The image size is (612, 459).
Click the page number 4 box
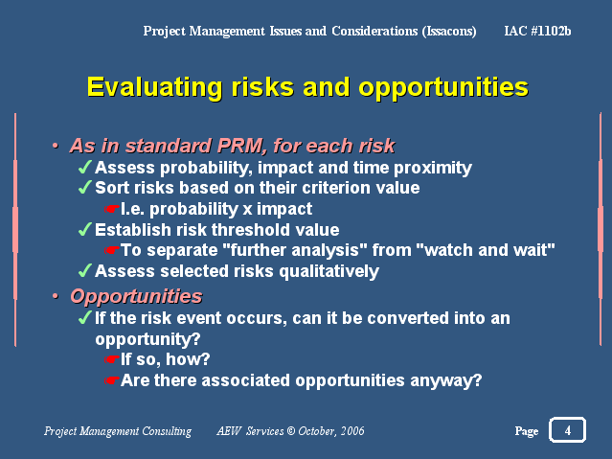(567, 430)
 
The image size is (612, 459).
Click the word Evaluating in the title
(154, 87)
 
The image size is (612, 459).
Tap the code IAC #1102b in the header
(537, 31)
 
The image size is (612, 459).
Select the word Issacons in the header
(449, 32)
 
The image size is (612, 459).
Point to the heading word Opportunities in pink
(136, 296)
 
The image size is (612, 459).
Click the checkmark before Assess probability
(85, 167)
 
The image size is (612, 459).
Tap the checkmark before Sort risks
(85, 187)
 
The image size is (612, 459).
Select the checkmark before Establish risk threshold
(85, 229)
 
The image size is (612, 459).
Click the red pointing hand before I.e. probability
(112, 209)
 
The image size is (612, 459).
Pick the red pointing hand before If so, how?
(112, 359)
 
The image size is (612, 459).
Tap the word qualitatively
(329, 271)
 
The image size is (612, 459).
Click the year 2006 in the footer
(352, 431)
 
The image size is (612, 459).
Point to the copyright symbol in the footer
(291, 431)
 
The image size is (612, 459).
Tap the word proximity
(433, 168)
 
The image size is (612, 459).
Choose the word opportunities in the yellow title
(443, 87)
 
